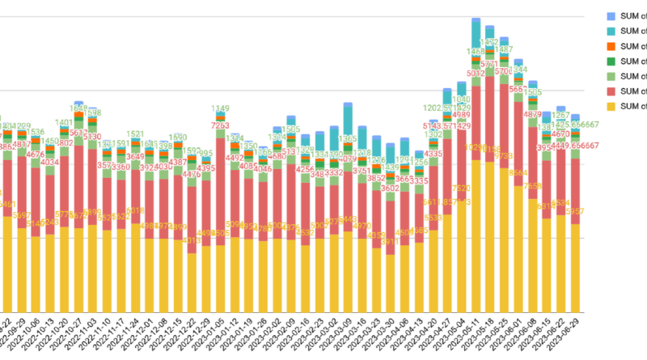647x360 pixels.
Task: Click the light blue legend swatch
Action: pos(611,15)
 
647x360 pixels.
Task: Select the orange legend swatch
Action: pos(611,45)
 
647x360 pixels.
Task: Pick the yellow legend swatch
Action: pos(611,106)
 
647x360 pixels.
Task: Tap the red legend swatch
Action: pos(611,91)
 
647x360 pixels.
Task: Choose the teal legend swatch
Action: pos(611,31)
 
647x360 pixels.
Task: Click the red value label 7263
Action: pos(220,126)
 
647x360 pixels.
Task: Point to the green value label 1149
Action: pos(221,109)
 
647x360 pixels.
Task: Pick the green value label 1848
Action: pos(79,108)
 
